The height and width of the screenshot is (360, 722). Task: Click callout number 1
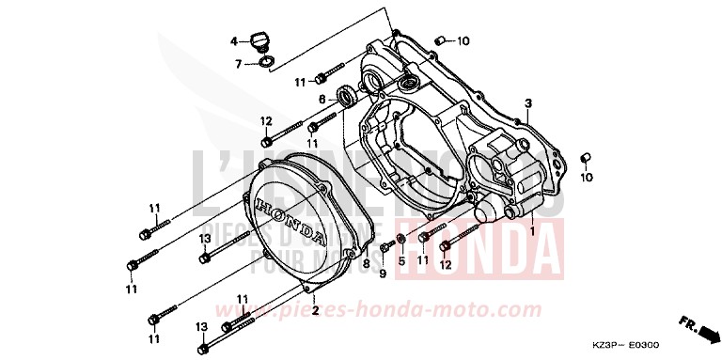[x=531, y=228]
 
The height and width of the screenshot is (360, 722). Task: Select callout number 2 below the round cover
[x=315, y=310]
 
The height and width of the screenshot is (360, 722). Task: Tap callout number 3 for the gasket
[x=529, y=102]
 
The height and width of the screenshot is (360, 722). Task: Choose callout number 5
[x=401, y=260]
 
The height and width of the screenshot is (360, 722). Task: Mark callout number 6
[x=322, y=98]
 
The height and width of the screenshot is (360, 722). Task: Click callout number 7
[x=239, y=63]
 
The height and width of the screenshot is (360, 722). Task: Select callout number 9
[x=383, y=274]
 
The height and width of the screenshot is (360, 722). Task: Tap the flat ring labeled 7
[x=265, y=63]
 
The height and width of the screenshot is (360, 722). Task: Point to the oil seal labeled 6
[x=345, y=95]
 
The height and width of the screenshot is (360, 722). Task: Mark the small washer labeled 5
[x=401, y=238]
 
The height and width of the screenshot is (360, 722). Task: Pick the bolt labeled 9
[x=386, y=248]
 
